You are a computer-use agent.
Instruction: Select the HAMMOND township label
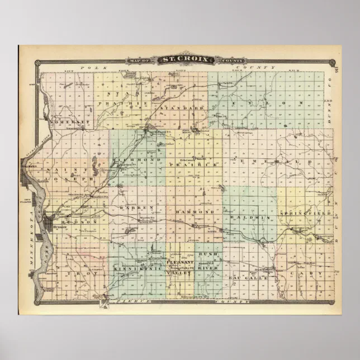click(x=195, y=212)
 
